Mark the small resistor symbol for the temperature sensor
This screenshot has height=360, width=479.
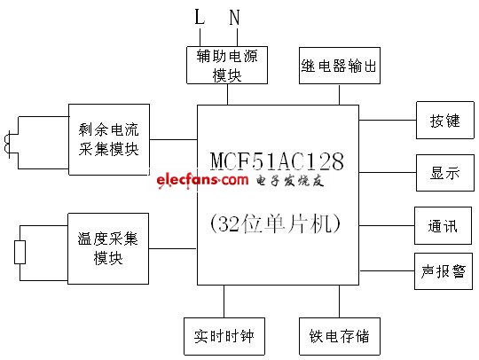(20, 252)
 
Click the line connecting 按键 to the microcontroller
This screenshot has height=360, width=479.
(387, 121)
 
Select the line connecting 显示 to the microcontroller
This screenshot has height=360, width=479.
(387, 173)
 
